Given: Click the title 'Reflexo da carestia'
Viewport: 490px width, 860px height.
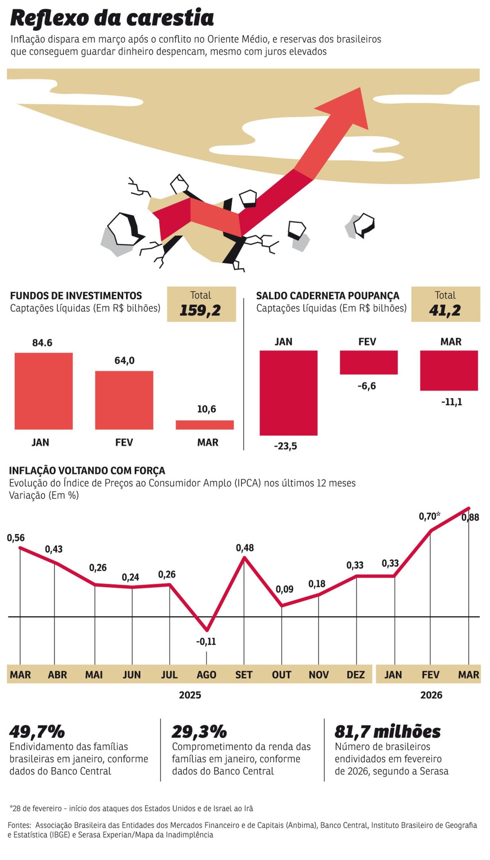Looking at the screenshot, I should [x=112, y=18].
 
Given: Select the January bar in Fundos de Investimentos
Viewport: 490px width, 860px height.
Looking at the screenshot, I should [x=44, y=391].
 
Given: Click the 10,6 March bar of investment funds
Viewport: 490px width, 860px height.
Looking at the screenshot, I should [x=205, y=425].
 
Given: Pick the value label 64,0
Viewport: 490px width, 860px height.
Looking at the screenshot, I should [x=125, y=361].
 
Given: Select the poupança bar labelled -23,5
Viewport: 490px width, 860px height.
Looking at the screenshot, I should [x=288, y=393].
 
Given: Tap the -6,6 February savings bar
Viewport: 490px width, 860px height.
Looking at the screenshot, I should [x=368, y=362].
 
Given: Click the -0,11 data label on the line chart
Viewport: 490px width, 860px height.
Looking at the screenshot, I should [x=206, y=641].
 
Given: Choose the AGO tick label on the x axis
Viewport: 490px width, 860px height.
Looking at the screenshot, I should [x=206, y=675].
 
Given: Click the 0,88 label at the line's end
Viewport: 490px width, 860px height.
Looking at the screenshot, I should [x=470, y=518].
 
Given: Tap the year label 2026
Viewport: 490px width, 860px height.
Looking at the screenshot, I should [x=431, y=695].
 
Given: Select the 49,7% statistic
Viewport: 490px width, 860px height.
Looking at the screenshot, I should [x=37, y=732].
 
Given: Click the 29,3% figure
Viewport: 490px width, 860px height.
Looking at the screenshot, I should [x=199, y=732].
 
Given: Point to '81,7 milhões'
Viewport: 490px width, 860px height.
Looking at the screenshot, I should [x=387, y=732].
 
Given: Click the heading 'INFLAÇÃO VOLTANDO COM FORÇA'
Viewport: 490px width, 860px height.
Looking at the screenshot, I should [x=87, y=471].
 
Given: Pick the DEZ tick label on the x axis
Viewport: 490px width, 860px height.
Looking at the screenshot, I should [x=355, y=675].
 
